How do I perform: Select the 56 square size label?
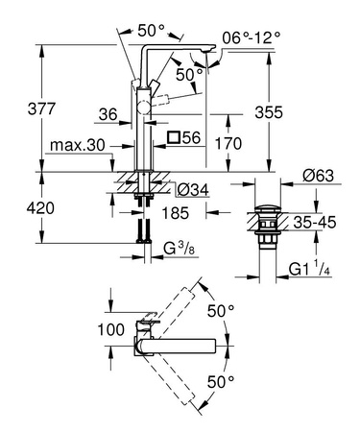coord(192,138)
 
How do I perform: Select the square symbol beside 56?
coord(174,138)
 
